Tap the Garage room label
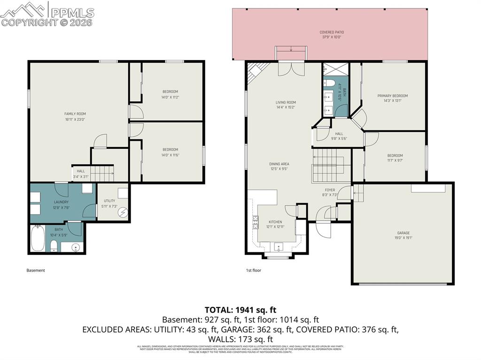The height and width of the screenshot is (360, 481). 403,233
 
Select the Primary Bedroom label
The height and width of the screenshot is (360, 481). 392,96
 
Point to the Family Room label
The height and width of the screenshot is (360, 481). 75,114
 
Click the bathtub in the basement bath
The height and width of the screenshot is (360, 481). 38,238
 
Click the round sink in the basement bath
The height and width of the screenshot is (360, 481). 76,247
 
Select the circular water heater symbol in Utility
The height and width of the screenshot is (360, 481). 123,212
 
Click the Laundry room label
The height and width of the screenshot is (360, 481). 61,202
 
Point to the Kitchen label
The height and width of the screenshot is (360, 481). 275,222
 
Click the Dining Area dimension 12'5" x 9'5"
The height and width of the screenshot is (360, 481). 279,169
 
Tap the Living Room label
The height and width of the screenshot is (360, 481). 286,102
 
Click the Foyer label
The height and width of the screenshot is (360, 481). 330,190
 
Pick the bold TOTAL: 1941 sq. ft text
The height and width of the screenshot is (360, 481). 240,310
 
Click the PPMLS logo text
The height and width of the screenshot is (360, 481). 72,13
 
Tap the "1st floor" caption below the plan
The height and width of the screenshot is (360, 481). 254,270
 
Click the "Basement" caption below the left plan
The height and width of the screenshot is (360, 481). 36,270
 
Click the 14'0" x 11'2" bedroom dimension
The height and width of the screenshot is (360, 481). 170,97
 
